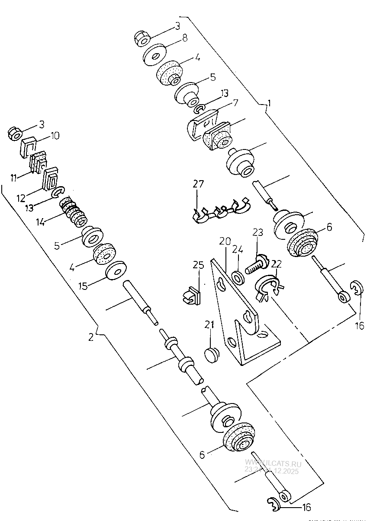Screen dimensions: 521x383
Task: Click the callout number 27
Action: tap(198, 184)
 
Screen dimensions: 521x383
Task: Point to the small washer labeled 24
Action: tap(238, 277)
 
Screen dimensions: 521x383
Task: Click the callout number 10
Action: tap(55, 136)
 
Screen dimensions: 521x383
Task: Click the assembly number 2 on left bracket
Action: tap(91, 337)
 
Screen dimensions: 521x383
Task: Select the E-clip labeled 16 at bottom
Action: tap(274, 505)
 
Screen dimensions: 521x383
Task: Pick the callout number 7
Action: tap(235, 103)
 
